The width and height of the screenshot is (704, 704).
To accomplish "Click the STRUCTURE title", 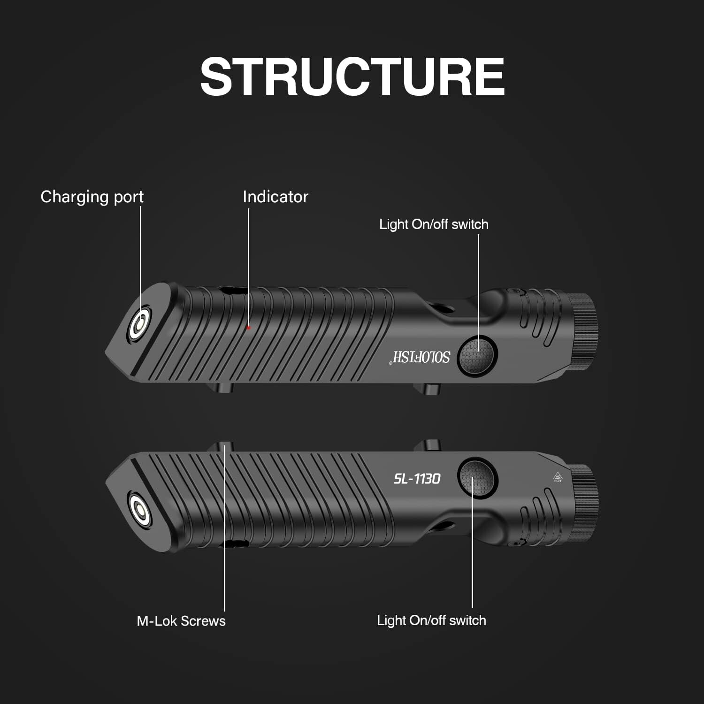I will (352, 77).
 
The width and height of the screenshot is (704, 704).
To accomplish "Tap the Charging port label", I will (92, 197).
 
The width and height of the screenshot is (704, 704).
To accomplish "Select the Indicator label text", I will (275, 197).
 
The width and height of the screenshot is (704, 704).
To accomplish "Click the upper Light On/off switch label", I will (434, 224).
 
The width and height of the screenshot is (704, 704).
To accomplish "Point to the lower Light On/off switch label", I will (431, 620).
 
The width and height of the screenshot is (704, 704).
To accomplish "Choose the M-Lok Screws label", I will (181, 621).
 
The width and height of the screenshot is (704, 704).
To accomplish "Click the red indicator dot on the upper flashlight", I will (249, 328).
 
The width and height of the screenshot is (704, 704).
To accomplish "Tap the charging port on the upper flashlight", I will (140, 324).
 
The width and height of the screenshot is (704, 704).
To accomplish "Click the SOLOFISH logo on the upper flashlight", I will (421, 357).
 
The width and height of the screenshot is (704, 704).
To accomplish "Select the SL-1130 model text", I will (417, 479).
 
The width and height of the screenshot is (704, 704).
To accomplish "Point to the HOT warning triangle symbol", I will (558, 476).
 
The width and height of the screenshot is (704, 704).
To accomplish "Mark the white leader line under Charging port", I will (141, 253).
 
